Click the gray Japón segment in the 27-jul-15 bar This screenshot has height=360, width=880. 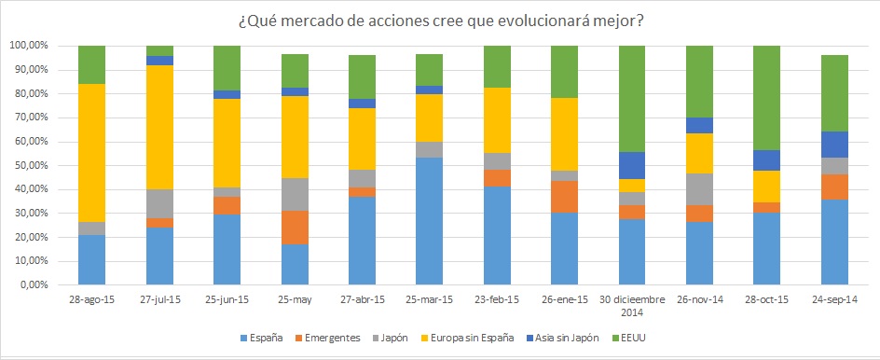159,203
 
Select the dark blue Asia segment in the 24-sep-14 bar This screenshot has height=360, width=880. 835,145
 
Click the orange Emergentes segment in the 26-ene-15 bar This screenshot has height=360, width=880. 565,197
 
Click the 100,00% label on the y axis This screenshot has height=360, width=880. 29,46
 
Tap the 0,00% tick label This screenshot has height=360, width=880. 34,285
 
